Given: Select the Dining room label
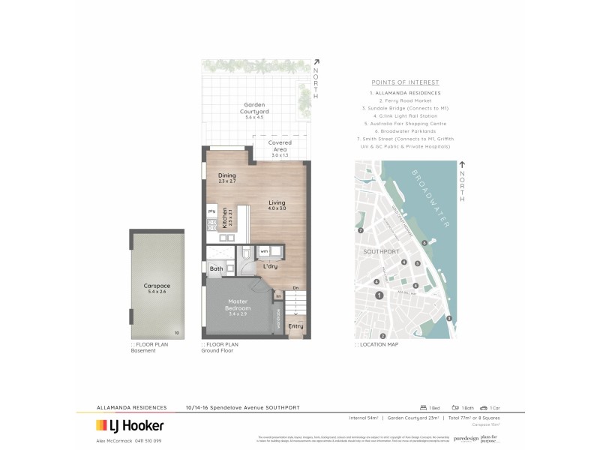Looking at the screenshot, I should [x=226, y=178].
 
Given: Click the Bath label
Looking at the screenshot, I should [x=216, y=268].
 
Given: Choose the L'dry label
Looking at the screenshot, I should [x=270, y=267].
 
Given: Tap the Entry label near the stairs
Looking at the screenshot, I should [x=295, y=326].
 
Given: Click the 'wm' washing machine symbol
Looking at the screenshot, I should [x=264, y=251].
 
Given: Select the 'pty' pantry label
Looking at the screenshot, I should [x=211, y=211].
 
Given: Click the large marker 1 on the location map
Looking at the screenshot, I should [x=379, y=295].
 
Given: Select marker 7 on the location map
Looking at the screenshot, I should [x=361, y=230].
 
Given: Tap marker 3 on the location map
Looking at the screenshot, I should [x=448, y=319].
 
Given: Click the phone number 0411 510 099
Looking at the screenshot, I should [x=149, y=440].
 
